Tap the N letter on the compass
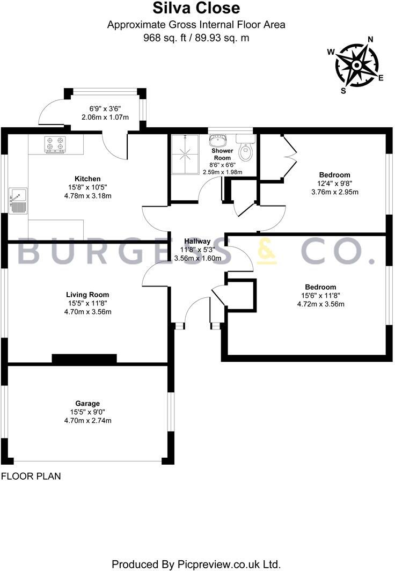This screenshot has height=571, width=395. pyautogui.click(x=370, y=39)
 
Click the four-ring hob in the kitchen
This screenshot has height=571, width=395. pyautogui.click(x=55, y=143)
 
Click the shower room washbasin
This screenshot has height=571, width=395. pyautogui.click(x=218, y=142)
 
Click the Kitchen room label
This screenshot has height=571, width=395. pyautogui.click(x=87, y=179)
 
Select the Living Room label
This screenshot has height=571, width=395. pyautogui.click(x=87, y=295)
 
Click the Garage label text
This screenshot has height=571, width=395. pyautogui.click(x=87, y=404)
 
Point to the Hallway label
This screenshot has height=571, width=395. pyautogui.click(x=197, y=241)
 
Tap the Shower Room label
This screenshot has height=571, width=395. pyautogui.click(x=222, y=155)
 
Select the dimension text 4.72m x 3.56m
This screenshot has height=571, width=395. pyautogui.click(x=320, y=304)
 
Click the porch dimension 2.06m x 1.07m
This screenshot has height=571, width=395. pyautogui.click(x=105, y=117)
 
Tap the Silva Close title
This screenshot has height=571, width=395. pyautogui.click(x=196, y=9)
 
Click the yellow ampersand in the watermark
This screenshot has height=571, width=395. pyautogui.click(x=267, y=252)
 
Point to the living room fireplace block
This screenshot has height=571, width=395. pyautogui.click(x=84, y=359)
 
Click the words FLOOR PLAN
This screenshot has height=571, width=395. pyautogui.click(x=31, y=476)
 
